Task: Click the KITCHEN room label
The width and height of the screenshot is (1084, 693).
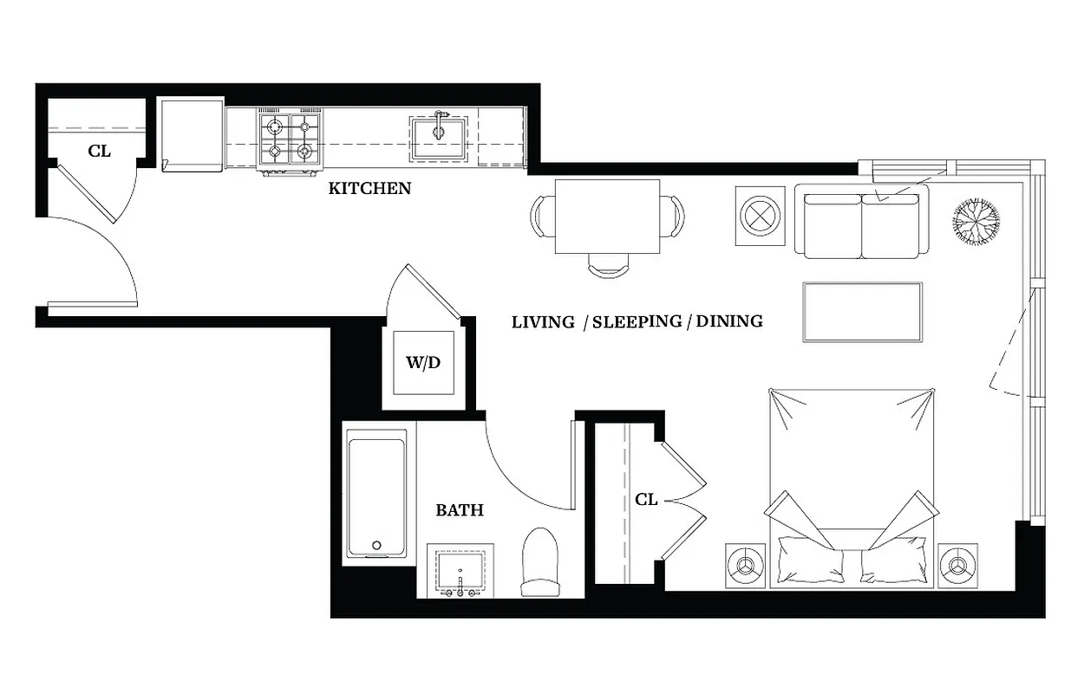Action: pos(369,188)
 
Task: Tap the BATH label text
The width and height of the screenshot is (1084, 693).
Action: pos(460,510)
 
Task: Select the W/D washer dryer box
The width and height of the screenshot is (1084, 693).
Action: pos(423,363)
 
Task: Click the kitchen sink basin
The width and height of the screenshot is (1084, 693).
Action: pos(438,137)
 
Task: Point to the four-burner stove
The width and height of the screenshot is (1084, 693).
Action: pos(288,139)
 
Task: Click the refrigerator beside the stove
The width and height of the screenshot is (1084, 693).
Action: pos(191,135)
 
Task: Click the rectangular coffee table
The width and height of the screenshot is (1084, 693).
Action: pos(862,312)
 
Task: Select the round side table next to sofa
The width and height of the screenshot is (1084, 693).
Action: pos(760,216)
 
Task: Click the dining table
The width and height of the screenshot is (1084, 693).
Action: pos(607,217)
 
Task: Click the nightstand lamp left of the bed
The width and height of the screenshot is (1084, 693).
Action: pos(745,566)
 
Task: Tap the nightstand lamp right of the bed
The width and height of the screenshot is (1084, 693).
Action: pos(957,566)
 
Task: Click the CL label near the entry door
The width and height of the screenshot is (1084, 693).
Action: pos(99,151)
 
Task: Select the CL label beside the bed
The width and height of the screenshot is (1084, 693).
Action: pos(646,500)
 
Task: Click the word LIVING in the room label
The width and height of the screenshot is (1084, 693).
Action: pos(543,322)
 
